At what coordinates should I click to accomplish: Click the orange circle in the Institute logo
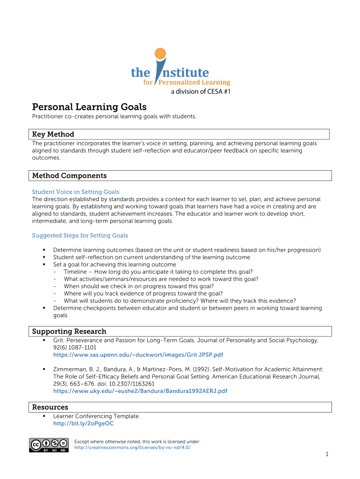pos(160,53)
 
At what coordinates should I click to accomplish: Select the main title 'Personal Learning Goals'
pos(89,107)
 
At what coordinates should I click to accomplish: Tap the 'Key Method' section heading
pos(53,134)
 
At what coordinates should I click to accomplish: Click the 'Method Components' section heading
pos(69,176)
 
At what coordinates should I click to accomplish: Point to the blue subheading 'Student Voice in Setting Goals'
pos(75,192)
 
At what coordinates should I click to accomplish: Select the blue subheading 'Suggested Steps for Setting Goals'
pos(79,235)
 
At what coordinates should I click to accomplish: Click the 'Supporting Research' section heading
pos(69,331)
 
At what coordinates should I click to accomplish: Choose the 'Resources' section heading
pos(50,407)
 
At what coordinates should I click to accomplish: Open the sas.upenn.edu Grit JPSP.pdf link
pos(137,356)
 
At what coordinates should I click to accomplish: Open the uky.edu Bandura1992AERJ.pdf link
pos(140,391)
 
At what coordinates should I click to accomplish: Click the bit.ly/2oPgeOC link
pos(83,424)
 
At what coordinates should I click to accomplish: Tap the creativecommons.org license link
pos(132,447)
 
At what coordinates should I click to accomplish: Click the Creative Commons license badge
pos(49,445)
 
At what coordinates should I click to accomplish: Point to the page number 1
pos(328,455)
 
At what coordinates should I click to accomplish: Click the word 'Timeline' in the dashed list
pos(75,272)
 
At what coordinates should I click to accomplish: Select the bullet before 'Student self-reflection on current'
pos(43,257)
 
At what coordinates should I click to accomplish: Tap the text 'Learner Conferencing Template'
pos(96,416)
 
